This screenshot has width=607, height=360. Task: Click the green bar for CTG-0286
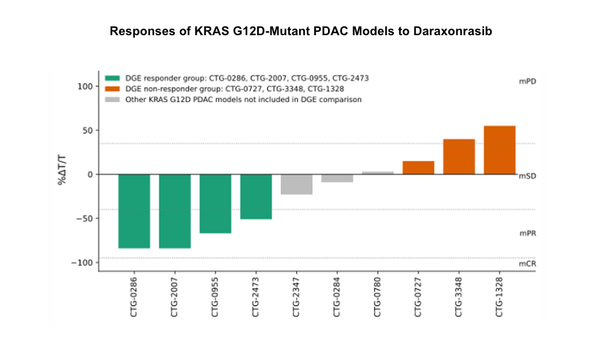coord(134,211)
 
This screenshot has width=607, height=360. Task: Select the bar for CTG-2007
coord(175,211)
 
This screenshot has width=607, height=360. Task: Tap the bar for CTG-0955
coord(215,204)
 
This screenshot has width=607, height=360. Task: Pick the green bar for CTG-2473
coord(256,197)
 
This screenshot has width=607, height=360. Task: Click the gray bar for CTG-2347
coord(297,184)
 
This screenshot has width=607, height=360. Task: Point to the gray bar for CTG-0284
coord(337,178)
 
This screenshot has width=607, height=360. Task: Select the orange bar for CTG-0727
coord(418,167)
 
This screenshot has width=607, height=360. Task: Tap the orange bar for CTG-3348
coord(459,157)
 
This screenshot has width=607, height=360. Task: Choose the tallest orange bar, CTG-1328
coord(500,150)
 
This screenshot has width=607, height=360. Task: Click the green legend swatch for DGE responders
coord(112,78)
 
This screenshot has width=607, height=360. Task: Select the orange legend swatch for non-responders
coord(112,89)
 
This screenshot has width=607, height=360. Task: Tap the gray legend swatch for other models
coord(112,100)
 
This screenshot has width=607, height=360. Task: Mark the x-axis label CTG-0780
coord(377,298)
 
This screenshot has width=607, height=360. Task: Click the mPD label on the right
coord(527,81)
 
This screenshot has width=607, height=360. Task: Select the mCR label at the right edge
coord(527,264)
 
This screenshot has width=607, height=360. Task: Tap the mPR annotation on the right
coord(528,233)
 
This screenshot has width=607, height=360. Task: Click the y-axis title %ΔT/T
coord(62,170)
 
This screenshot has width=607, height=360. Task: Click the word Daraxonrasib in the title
coord(452,31)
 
